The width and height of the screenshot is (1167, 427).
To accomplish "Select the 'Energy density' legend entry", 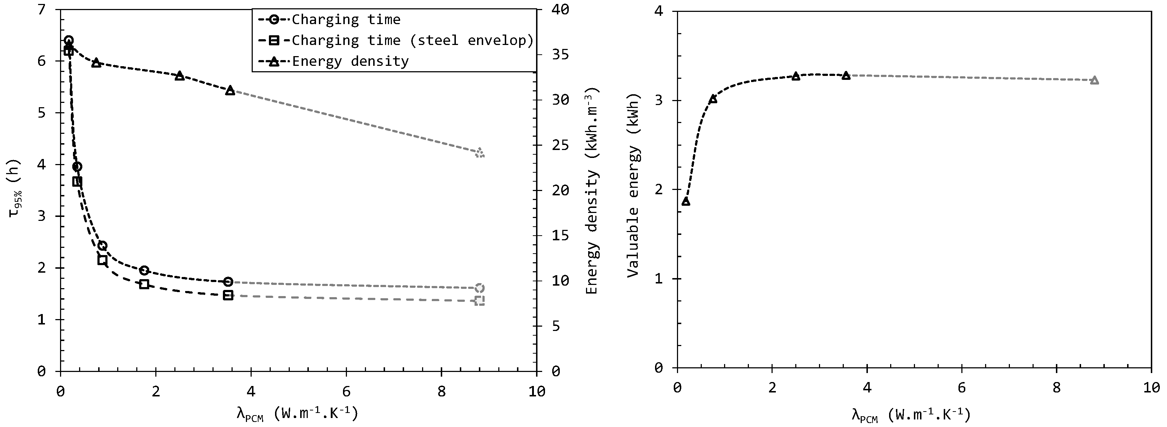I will tap(350, 61).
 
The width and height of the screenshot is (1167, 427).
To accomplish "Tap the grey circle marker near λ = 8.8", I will tap(480, 288).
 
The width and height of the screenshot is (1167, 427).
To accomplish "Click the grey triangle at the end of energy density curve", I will tap(480, 153).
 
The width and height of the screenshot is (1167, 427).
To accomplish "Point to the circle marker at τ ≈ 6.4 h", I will tap(69, 40).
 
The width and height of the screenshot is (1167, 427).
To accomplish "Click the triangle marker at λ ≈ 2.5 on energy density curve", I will tap(179, 76).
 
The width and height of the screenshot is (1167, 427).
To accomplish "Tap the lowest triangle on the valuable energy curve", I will tap(686, 201).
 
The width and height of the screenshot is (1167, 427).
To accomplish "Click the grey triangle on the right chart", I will tap(1094, 80).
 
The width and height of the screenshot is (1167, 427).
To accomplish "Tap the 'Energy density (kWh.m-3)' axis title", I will tap(592, 190).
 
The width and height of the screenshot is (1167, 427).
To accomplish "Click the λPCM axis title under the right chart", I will tap(911, 415).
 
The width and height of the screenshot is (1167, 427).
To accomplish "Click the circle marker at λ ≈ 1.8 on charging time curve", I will tap(144, 271).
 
